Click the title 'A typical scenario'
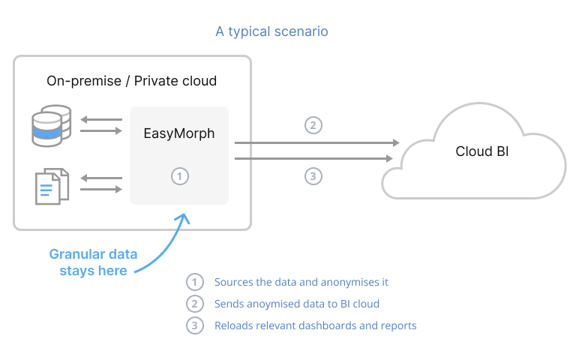(x=271, y=31)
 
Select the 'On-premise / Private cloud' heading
(x=132, y=80)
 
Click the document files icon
(x=52, y=185)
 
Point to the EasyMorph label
(x=179, y=133)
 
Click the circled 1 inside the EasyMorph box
(x=179, y=176)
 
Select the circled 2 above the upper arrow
(x=313, y=124)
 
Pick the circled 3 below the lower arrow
(x=313, y=176)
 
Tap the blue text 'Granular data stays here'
(x=93, y=262)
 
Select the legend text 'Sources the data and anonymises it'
(x=301, y=283)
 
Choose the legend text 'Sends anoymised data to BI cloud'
(x=296, y=304)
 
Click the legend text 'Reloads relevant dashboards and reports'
(x=315, y=325)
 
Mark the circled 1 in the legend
(x=195, y=283)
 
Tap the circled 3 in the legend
(x=195, y=325)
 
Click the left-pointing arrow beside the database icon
(x=101, y=119)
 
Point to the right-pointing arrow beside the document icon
(x=101, y=189)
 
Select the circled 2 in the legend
(x=195, y=304)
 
